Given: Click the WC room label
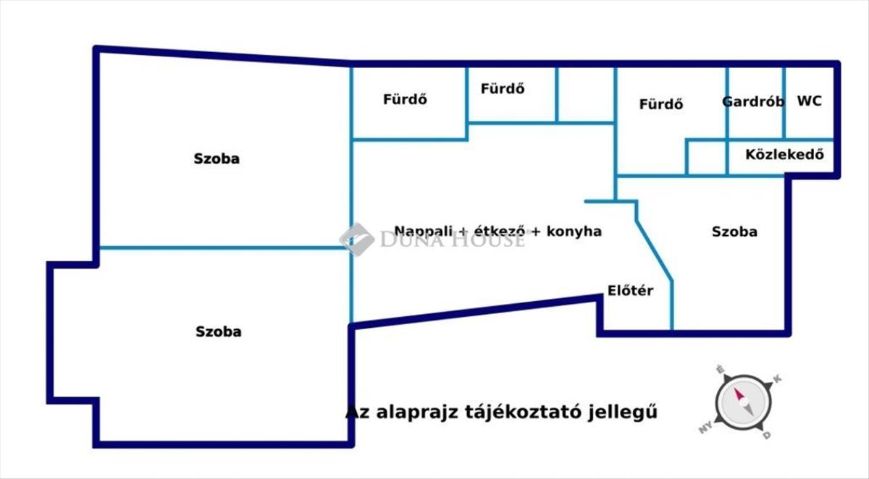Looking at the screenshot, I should tap(809, 101).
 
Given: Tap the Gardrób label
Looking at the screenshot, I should tap(753, 102).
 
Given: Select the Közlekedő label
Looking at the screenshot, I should tap(784, 155).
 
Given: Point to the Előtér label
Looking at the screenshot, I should tap(630, 291).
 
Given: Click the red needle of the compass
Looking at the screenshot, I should tap(739, 395).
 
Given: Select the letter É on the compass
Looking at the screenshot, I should tap(719, 369).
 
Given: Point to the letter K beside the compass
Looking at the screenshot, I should tap(778, 379).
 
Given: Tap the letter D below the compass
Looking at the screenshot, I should tap(766, 436).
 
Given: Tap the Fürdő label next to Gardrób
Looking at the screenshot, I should tap(660, 104).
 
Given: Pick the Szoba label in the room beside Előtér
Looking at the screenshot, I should tap(734, 232).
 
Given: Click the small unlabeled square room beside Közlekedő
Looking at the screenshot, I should tap(706, 158).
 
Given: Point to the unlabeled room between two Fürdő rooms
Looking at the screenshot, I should tap(585, 94).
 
